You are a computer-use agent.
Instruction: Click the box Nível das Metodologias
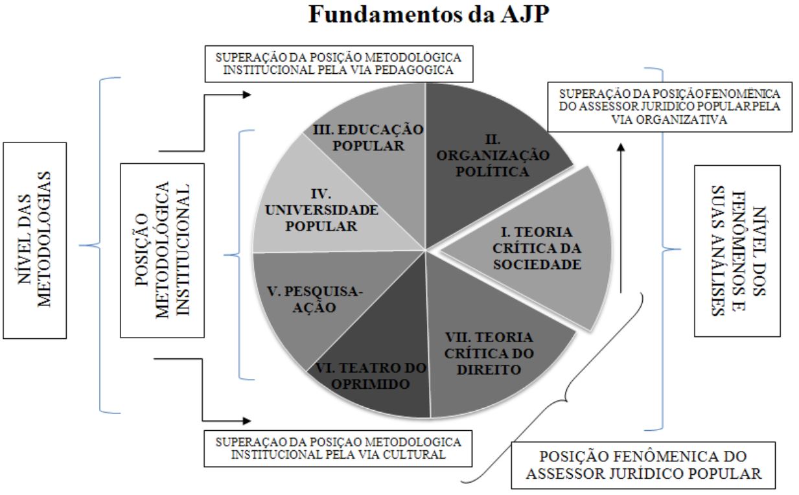pos(34,240)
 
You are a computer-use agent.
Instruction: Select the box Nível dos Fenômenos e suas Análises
pos(736,251)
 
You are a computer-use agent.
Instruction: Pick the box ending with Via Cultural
pos(338,448)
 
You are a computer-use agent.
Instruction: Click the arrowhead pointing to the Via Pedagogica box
pos(247,95)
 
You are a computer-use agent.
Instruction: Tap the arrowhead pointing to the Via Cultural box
pos(247,422)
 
